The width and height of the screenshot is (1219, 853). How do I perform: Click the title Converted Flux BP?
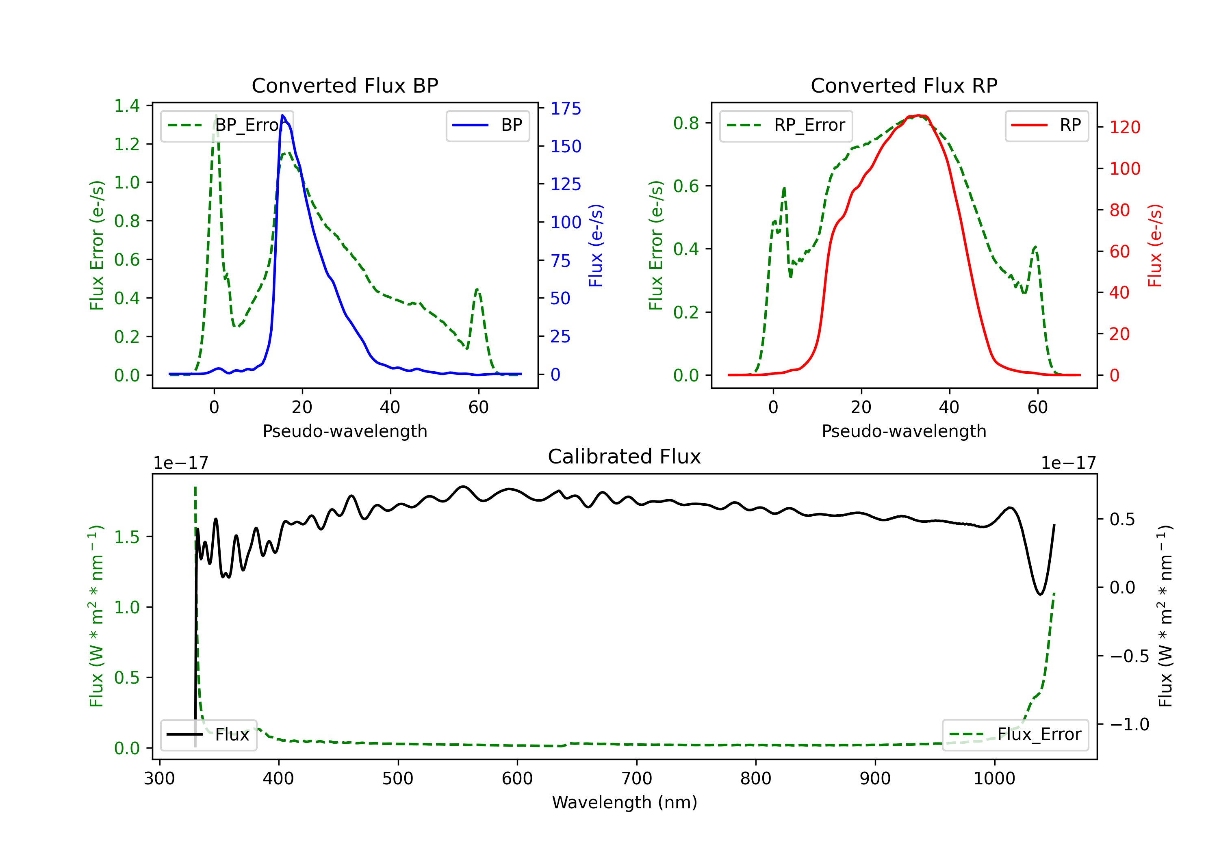(345, 85)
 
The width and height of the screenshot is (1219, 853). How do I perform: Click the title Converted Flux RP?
(904, 85)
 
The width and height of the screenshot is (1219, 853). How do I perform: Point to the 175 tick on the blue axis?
(566, 109)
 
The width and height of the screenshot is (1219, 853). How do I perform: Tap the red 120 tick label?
(1124, 128)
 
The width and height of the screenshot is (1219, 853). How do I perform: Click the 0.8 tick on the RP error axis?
(686, 123)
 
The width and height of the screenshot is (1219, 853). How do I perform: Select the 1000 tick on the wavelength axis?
(994, 778)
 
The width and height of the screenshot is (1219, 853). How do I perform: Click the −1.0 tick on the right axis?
(1129, 724)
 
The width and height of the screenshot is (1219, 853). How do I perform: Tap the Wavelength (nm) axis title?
(625, 802)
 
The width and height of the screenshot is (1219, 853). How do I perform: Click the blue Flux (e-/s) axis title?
(596, 245)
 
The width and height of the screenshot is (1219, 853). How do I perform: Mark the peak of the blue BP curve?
(282, 115)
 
